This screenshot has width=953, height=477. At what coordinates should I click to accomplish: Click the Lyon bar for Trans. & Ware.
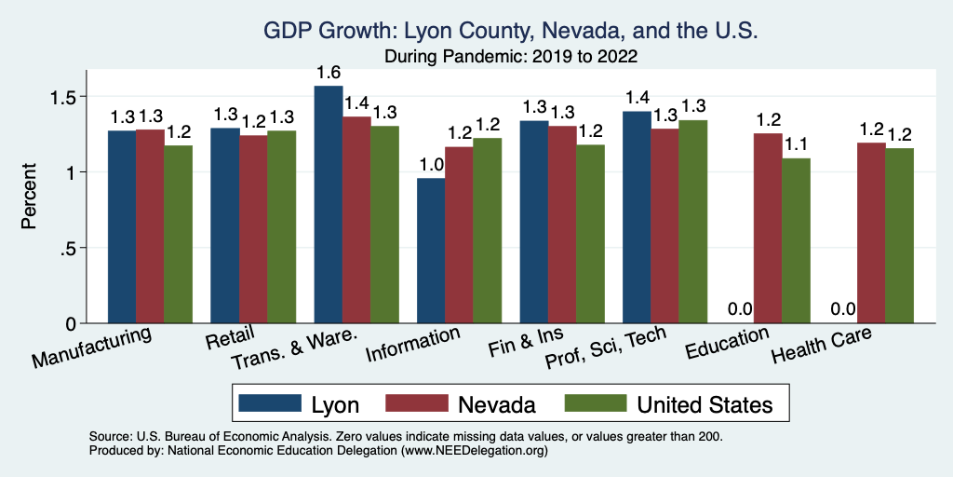328,205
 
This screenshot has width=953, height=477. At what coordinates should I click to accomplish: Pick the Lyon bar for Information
431,251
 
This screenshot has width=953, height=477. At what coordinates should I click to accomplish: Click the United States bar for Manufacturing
179,234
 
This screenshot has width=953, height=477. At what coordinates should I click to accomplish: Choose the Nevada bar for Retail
253,229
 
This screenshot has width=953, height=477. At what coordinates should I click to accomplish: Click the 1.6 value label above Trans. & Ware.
328,73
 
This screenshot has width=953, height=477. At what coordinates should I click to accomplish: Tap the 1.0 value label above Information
431,165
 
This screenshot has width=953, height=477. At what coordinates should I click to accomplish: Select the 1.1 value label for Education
797,145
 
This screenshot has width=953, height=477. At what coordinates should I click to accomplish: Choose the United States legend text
705,404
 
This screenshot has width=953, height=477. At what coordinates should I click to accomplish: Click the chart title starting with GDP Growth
511,31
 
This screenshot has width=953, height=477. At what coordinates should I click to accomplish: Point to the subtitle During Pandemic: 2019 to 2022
511,57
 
